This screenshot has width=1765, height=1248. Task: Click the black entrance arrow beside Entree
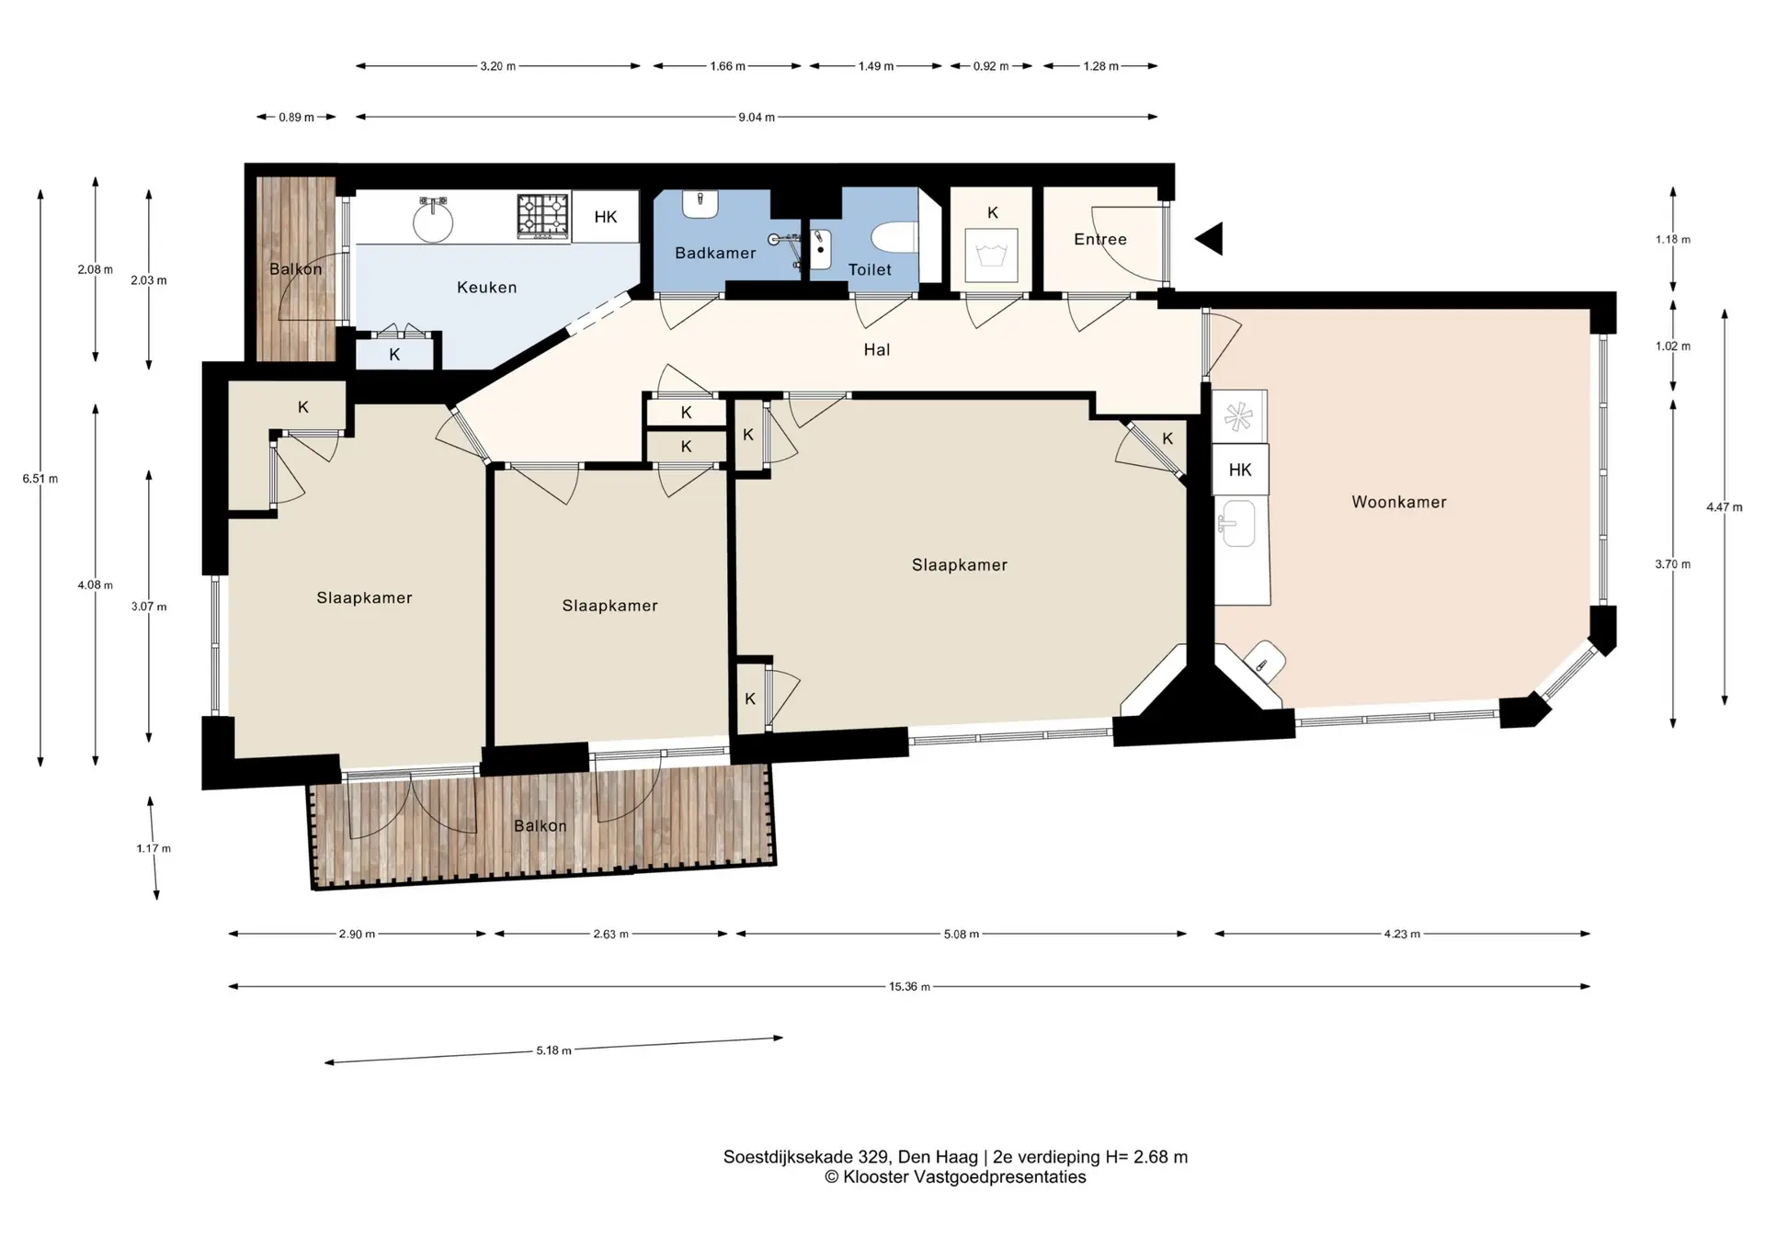1209,239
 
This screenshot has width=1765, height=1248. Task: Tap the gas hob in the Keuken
543,216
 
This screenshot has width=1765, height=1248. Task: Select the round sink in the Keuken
432,220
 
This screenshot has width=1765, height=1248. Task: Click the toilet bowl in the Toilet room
894,237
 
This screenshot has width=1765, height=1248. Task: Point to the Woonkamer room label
1399,502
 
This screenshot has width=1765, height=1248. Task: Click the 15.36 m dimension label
909,987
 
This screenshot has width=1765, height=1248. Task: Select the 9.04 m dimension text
757,118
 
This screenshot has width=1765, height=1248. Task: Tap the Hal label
877,349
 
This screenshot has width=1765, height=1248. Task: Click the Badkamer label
715,253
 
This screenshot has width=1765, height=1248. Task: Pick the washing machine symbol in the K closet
991,255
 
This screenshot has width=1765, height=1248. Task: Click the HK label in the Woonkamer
1240,470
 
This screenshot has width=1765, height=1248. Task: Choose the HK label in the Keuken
606,217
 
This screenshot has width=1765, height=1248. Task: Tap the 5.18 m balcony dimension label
554,1050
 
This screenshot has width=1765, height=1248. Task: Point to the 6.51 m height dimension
40,479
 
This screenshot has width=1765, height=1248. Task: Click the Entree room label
1100,239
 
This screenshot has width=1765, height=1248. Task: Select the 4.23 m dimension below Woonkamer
1402,934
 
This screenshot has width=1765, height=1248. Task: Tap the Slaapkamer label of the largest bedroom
960,565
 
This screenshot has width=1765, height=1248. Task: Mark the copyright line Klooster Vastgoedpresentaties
955,1177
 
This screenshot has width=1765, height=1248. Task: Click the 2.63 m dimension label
610,934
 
